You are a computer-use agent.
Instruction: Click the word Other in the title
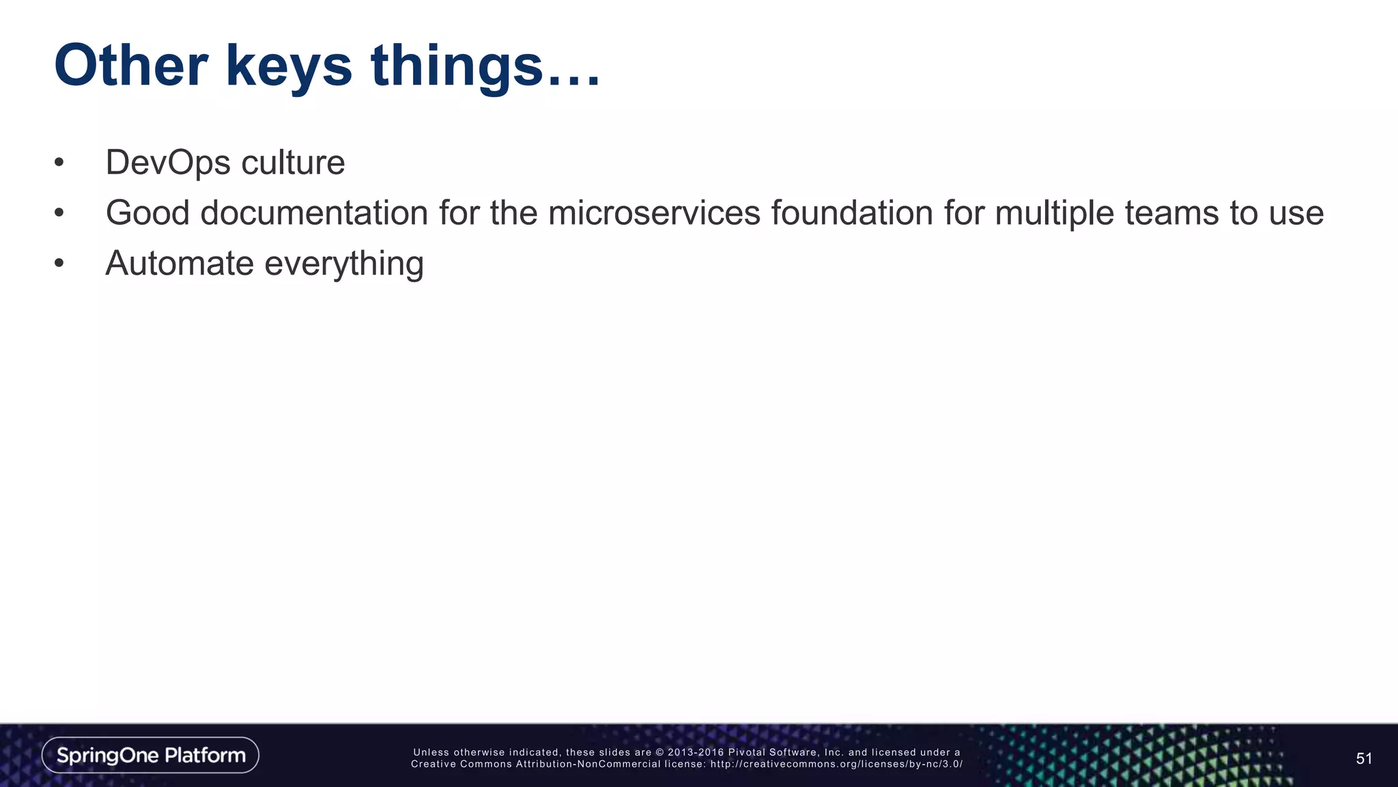pyautogui.click(x=130, y=66)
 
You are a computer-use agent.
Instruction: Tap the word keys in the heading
pyautogui.click(x=289, y=67)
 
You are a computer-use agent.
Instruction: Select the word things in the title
pyautogui.click(x=456, y=67)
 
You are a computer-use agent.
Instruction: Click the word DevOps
pyautogui.click(x=168, y=163)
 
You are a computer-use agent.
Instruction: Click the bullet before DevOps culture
pyautogui.click(x=59, y=163)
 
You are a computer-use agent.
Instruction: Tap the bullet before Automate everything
pyautogui.click(x=59, y=264)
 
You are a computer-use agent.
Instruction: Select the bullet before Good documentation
pyautogui.click(x=59, y=213)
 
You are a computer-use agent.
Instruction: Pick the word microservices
pyautogui.click(x=654, y=213)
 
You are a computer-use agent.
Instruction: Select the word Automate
pyautogui.click(x=180, y=264)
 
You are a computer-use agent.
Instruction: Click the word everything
pyautogui.click(x=344, y=265)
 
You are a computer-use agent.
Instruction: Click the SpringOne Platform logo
pyautogui.click(x=150, y=755)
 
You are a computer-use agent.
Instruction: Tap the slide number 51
pyautogui.click(x=1363, y=758)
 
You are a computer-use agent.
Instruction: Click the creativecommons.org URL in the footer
pyautogui.click(x=836, y=764)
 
